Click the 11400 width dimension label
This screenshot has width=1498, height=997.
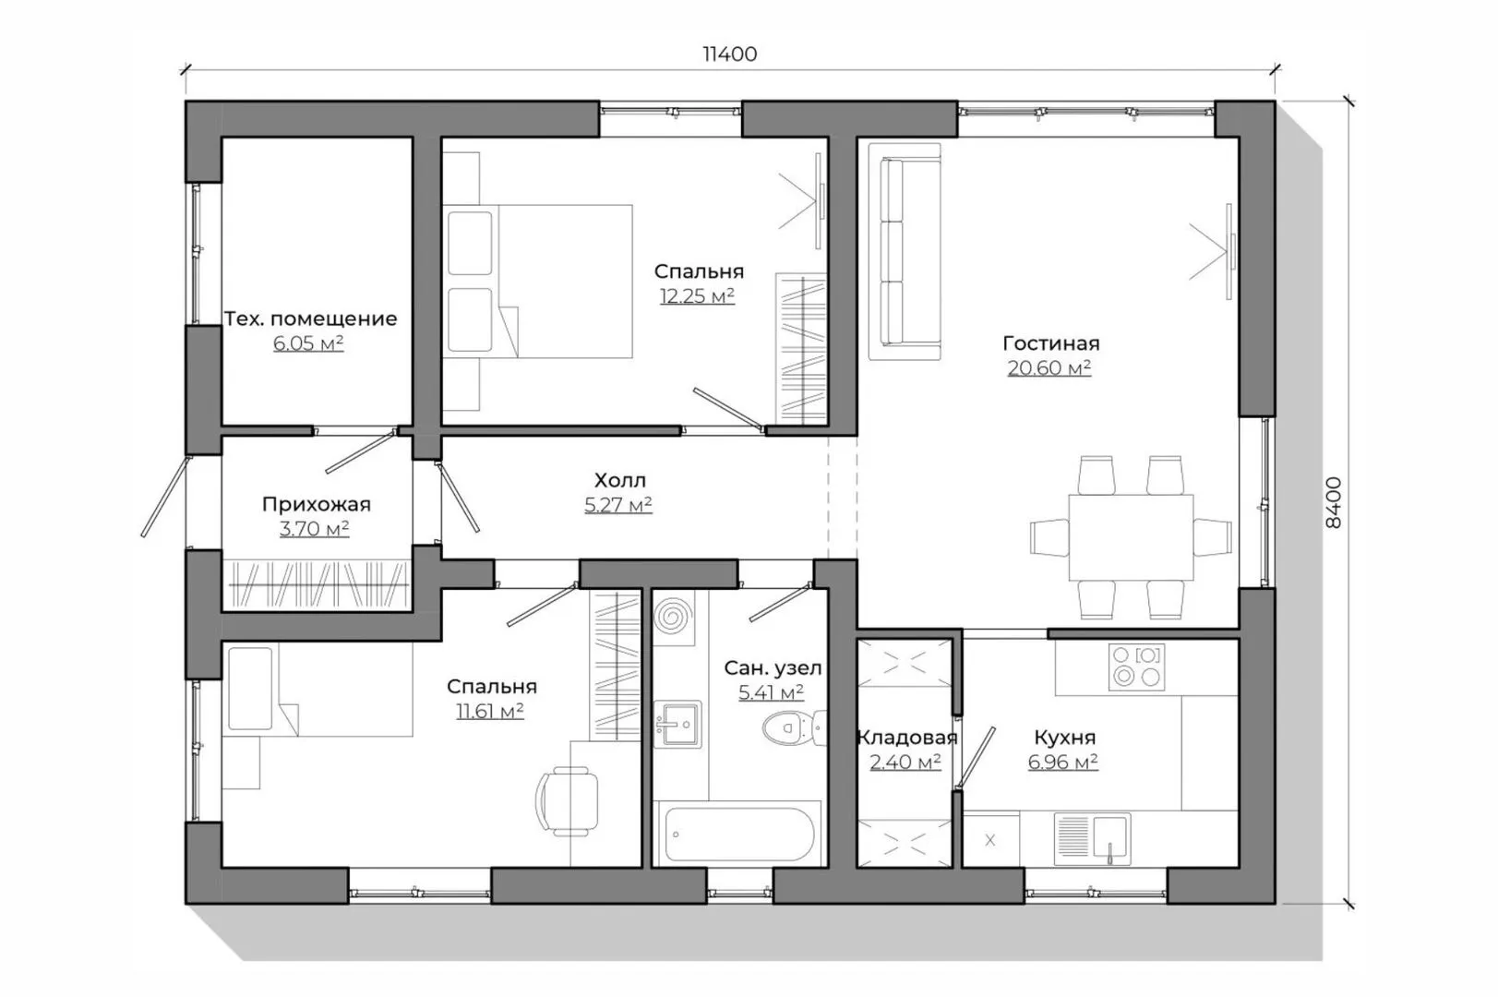click(729, 54)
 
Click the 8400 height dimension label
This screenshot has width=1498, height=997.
click(1333, 502)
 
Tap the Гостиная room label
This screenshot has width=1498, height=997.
click(1050, 343)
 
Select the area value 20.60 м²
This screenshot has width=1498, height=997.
click(1049, 367)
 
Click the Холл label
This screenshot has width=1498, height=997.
click(620, 480)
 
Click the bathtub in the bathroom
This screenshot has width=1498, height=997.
click(738, 834)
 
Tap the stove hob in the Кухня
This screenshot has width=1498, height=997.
click(1136, 667)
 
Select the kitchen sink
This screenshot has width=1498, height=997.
click(1092, 838)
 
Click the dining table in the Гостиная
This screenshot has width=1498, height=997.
click(1131, 537)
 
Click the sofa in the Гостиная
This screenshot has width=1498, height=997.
click(905, 251)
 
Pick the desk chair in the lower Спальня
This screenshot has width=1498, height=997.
click(567, 801)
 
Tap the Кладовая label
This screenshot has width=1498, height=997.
click(906, 738)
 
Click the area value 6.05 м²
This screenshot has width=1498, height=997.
click(308, 343)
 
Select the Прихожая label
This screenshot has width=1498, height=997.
click(317, 504)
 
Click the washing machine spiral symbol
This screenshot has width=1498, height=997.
click(673, 616)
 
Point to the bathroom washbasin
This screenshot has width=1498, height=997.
click(677, 724)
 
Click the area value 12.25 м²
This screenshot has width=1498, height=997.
click(698, 295)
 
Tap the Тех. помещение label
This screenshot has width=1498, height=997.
click(310, 319)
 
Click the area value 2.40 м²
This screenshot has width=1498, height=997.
click(905, 762)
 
